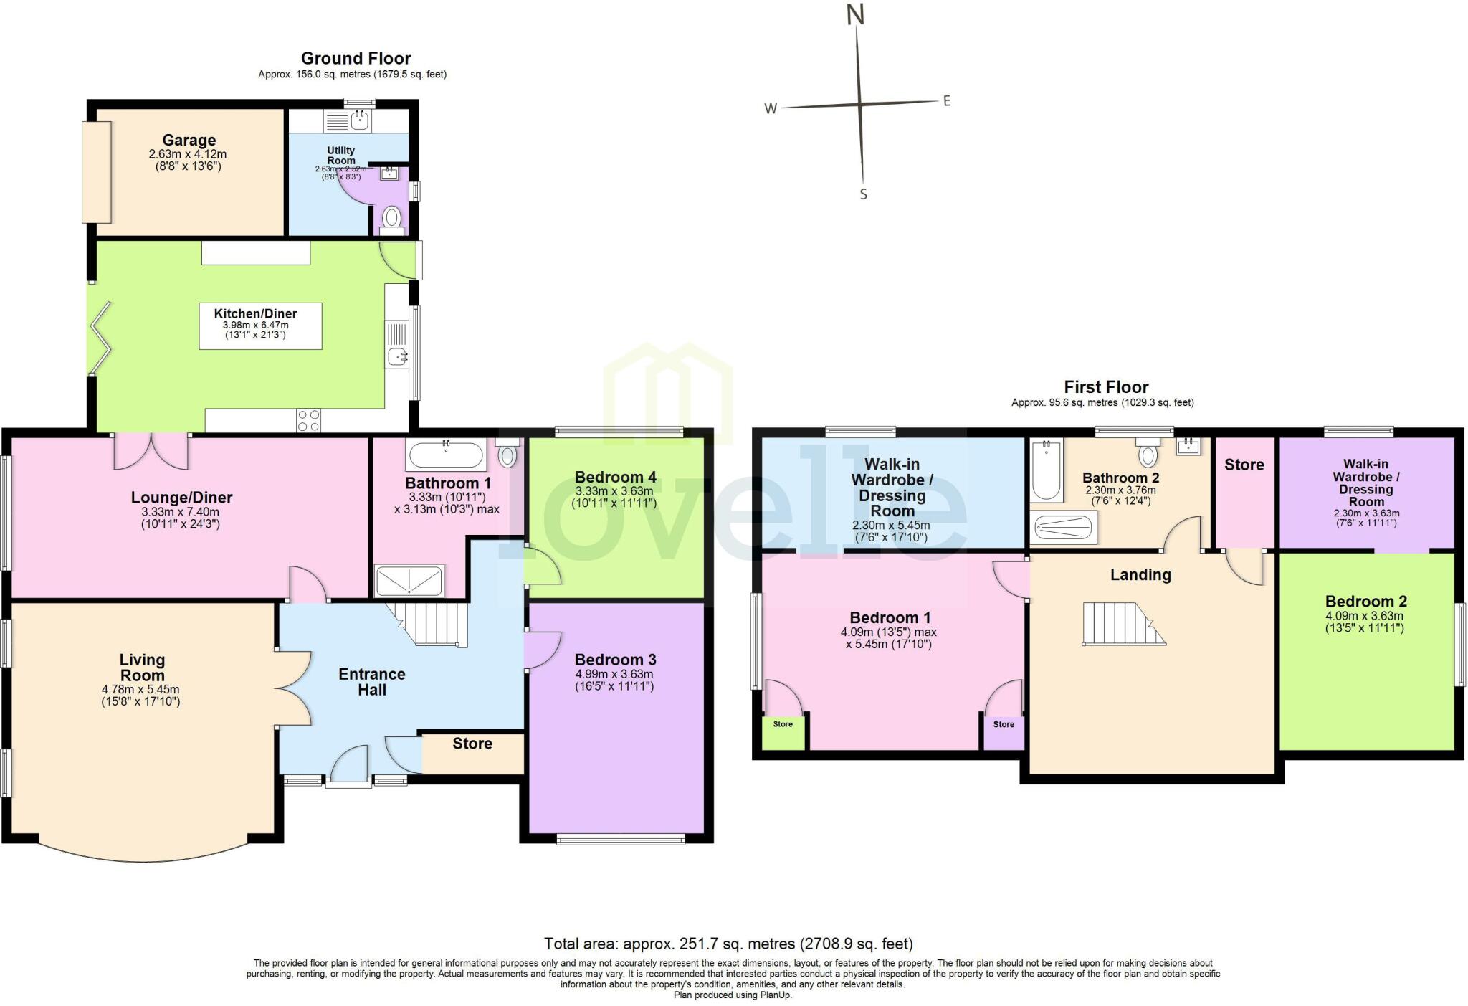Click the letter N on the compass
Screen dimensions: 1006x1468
(x=855, y=14)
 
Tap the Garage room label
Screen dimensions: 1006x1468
(x=189, y=141)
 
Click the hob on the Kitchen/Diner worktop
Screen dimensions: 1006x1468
(x=309, y=421)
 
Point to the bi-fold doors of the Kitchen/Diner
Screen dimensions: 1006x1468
(x=100, y=338)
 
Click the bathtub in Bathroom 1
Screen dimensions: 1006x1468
(x=446, y=455)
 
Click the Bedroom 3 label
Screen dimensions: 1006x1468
(x=615, y=660)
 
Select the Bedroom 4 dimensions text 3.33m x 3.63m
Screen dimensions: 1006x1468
(x=614, y=491)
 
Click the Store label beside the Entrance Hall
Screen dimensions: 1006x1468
(x=472, y=744)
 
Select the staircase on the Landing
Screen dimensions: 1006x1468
(x=1122, y=623)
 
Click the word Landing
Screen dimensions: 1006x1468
(x=1140, y=574)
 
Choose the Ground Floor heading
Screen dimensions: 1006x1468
(x=356, y=58)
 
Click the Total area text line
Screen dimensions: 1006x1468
(x=728, y=944)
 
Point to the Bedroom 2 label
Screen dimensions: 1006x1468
(x=1365, y=602)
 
